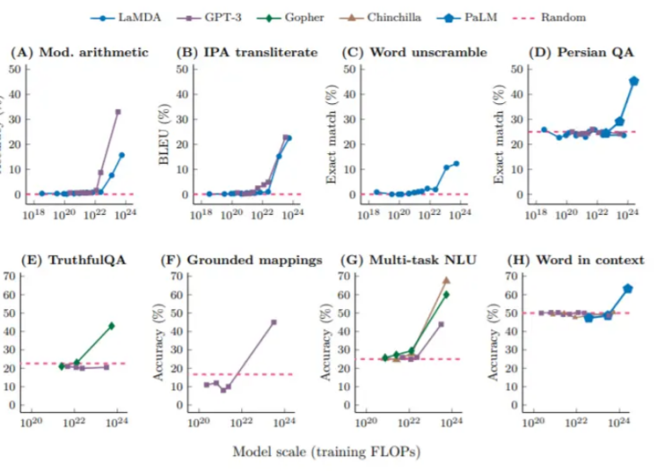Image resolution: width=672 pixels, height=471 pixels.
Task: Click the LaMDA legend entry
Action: click(x=120, y=16)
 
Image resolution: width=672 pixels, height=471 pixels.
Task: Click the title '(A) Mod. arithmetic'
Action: click(x=78, y=53)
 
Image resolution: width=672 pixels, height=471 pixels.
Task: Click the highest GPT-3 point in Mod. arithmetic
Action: click(x=117, y=112)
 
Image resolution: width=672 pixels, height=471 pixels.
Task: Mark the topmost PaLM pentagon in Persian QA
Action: click(x=633, y=81)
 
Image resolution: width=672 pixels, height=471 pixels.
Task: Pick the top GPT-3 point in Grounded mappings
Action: click(x=273, y=322)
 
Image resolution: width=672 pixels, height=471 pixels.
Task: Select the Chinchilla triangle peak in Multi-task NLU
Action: click(x=445, y=280)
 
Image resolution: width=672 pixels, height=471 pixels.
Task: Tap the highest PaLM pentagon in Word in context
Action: click(x=628, y=288)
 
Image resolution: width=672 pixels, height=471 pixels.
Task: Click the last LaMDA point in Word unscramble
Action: click(x=456, y=163)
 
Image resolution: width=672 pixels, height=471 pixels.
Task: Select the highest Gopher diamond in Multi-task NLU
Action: click(x=445, y=295)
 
